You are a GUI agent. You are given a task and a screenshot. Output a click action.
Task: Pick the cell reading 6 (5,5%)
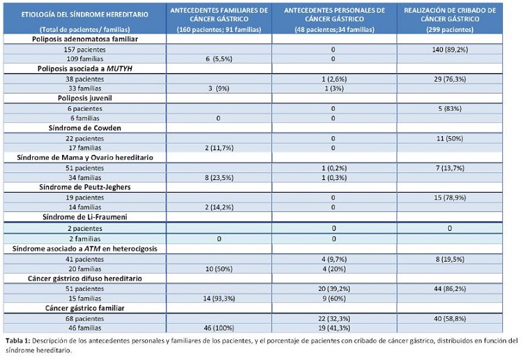(220, 60)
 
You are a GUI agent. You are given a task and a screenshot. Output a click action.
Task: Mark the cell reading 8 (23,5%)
(220, 178)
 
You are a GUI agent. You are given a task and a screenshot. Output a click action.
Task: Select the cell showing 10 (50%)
(220, 269)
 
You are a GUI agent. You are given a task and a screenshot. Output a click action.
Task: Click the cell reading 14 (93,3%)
(220, 298)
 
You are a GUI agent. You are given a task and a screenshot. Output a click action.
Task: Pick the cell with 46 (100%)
(220, 327)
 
